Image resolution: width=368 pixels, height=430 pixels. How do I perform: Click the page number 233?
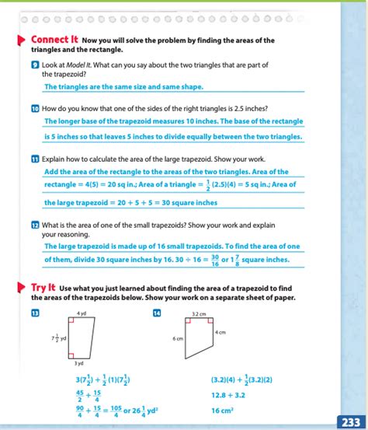pos(349,421)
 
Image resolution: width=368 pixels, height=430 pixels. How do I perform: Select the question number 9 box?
pos(35,65)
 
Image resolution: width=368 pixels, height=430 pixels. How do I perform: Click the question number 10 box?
pos(35,108)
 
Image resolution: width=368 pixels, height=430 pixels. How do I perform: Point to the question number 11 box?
pos(35,159)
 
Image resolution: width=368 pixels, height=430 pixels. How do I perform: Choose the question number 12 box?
pos(35,224)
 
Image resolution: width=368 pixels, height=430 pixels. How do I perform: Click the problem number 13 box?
pos(35,313)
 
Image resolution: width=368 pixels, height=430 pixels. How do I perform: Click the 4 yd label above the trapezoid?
pos(82,313)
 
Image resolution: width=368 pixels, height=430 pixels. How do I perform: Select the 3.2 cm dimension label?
pos(199,313)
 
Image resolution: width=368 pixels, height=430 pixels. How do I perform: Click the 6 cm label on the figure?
pos(178,339)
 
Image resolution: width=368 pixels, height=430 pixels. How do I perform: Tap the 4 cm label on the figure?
pos(221,332)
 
